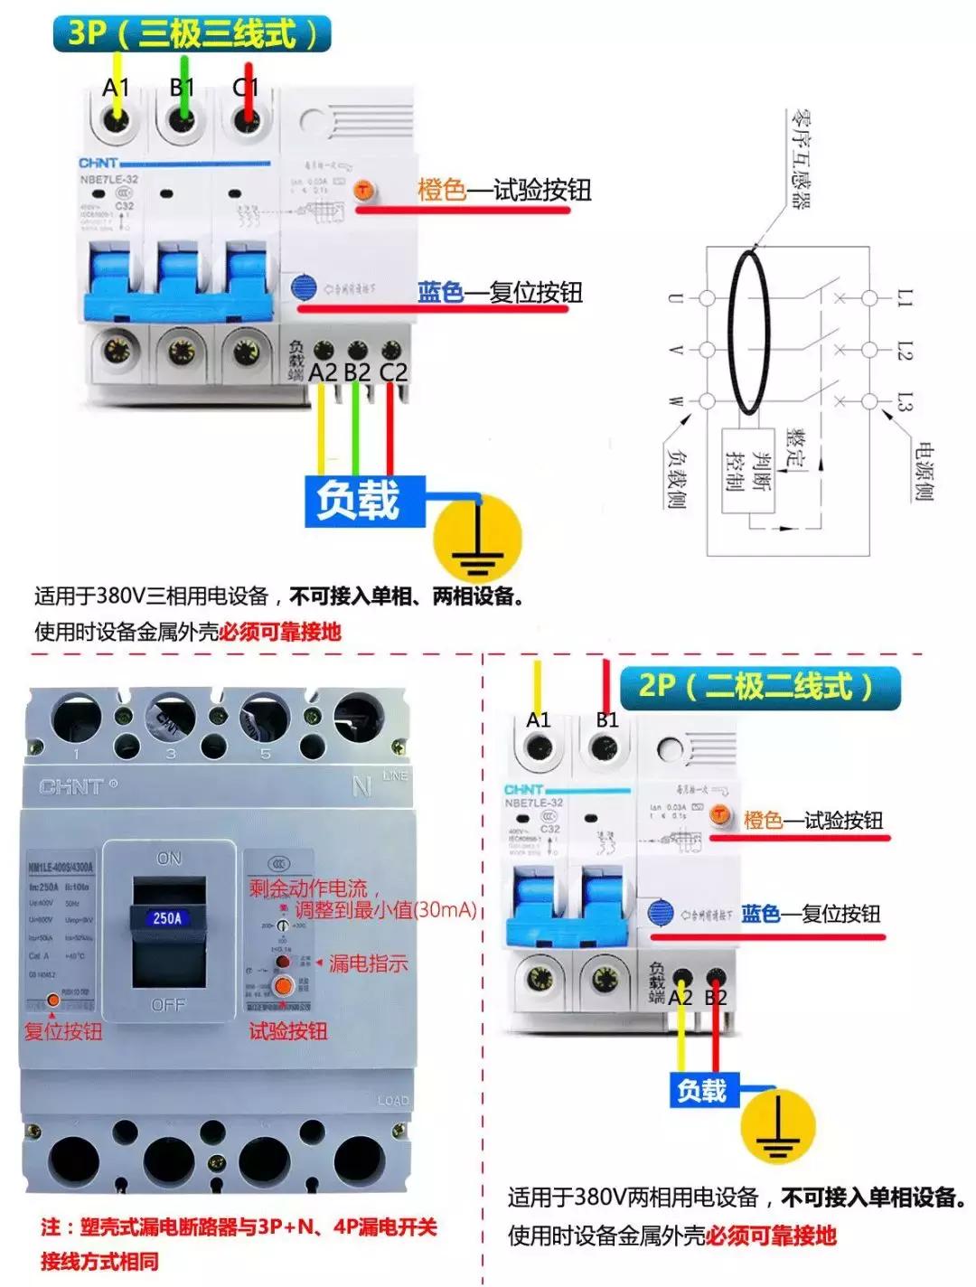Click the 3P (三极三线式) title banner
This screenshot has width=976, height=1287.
point(192,33)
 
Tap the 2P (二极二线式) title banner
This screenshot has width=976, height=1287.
point(759,687)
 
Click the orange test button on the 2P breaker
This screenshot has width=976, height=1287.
point(720,815)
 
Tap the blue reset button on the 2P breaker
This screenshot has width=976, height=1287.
point(661,913)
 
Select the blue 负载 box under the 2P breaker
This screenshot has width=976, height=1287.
point(702,1090)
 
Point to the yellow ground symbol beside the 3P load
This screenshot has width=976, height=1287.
point(477,540)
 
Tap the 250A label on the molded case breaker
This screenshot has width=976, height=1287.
point(167,918)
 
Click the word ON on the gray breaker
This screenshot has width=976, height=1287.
point(169,858)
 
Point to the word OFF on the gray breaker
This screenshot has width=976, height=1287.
point(168,1004)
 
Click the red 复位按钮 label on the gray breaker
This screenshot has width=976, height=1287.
point(63,1031)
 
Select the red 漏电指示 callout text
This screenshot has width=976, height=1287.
point(368,963)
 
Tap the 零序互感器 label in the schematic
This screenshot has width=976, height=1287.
point(801,159)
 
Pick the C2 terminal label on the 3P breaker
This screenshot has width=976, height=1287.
point(393,371)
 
